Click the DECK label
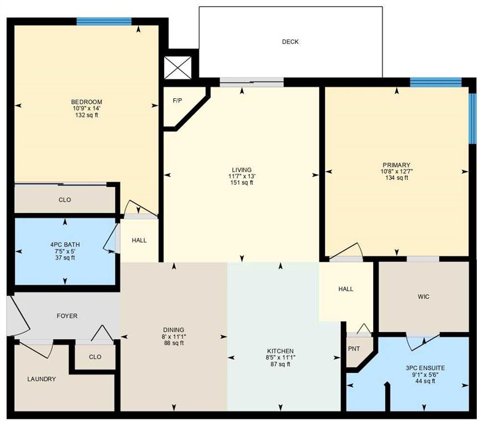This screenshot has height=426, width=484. tap(290, 42)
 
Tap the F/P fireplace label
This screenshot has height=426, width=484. tap(177, 101)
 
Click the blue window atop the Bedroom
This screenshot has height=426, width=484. tap(104, 22)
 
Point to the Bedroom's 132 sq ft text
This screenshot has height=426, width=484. tap(86, 115)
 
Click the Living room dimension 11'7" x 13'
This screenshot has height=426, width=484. tap(242, 176)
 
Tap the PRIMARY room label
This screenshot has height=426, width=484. tap(396, 165)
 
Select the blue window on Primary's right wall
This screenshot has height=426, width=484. tap(472, 118)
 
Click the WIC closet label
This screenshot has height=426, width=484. tap(424, 297)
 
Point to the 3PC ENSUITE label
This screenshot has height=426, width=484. tap(425, 368)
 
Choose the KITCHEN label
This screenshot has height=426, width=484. tap(280, 351)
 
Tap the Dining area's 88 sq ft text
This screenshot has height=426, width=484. tap(174, 343)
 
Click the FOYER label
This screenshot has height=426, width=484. tap(67, 316)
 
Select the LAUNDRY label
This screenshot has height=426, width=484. tap(42, 379)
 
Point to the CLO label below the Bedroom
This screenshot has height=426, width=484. tap(65, 200)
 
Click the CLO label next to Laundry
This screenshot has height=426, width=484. tap(95, 357)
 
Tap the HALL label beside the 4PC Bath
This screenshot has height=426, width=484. tap(139, 240)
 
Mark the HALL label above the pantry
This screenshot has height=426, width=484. tap(346, 289)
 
